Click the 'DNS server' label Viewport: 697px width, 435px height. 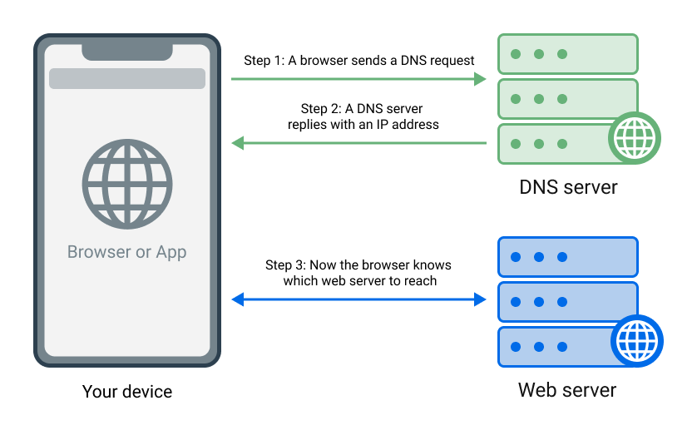coord(568,186)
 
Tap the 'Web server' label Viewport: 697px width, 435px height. coord(567,390)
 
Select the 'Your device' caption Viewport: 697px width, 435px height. coord(127,392)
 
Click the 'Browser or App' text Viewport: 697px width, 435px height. coord(127,252)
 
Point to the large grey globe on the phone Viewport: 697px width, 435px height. coord(127,184)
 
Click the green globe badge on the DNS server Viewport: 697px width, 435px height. coord(635,137)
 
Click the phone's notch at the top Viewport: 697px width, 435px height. coord(127,50)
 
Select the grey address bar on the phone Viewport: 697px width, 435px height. coord(127,79)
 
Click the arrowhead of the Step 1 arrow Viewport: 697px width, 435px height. coord(480,79)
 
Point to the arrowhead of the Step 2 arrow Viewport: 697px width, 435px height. coord(237,143)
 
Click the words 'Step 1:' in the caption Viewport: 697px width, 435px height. coord(264,61)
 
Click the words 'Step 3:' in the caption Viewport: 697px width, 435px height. coord(286,265)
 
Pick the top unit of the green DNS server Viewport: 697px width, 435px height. coord(567,54)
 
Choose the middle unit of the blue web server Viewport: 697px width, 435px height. coord(567,302)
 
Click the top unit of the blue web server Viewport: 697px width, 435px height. coord(567,257)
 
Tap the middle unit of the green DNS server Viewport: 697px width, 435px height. coord(567,99)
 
